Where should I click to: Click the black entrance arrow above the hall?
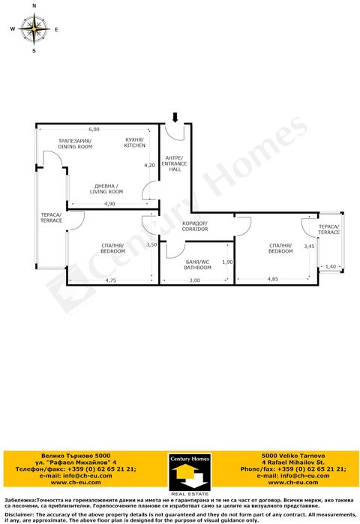point(175,118)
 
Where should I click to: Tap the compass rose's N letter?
point(34,6)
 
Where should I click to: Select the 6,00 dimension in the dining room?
point(94,130)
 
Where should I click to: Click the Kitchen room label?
point(134,142)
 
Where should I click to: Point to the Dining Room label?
point(75,144)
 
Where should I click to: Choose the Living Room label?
point(106,189)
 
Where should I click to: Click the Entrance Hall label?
point(174,163)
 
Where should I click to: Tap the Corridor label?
point(195,226)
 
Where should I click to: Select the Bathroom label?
point(197,265)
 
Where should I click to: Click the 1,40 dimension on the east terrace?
point(331,267)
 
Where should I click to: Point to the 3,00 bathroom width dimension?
point(194,280)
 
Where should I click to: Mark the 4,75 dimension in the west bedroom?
point(111,280)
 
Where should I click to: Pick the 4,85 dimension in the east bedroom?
point(273,279)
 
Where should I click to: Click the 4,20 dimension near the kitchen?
point(149,165)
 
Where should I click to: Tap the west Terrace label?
point(51,217)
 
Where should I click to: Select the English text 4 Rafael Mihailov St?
point(292,463)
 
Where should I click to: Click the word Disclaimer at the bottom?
point(19,515)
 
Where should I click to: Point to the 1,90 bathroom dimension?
point(227,262)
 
